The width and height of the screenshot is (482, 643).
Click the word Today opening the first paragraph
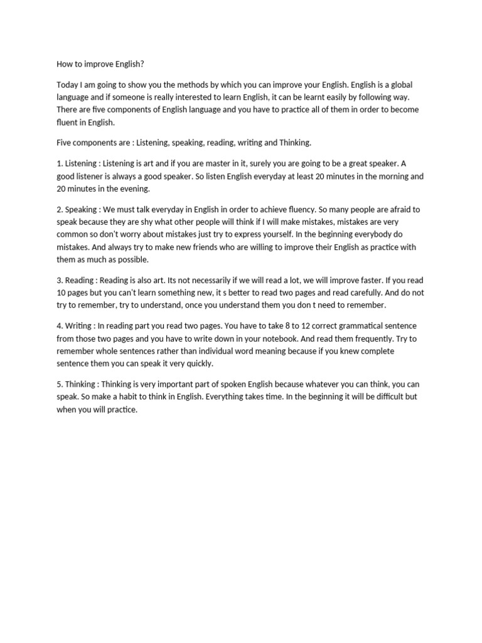[67, 85]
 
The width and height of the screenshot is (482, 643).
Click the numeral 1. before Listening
[60, 163]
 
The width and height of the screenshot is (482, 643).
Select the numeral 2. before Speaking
[60, 209]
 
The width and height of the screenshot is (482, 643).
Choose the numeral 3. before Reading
[60, 280]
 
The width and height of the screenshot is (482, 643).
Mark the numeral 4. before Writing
[60, 326]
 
